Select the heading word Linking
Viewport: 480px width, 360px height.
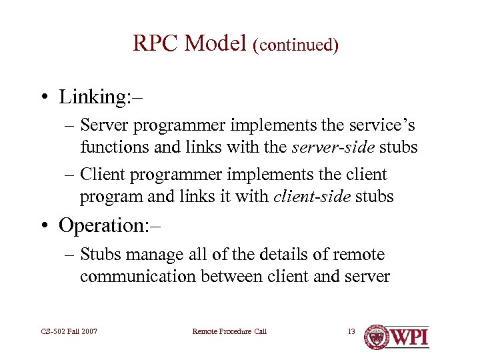93,97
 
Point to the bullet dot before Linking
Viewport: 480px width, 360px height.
42,97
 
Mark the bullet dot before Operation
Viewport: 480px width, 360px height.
42,225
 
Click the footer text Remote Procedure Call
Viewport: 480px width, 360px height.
229,331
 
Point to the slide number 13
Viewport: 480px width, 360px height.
351,331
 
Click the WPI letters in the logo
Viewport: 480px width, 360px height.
408,337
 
